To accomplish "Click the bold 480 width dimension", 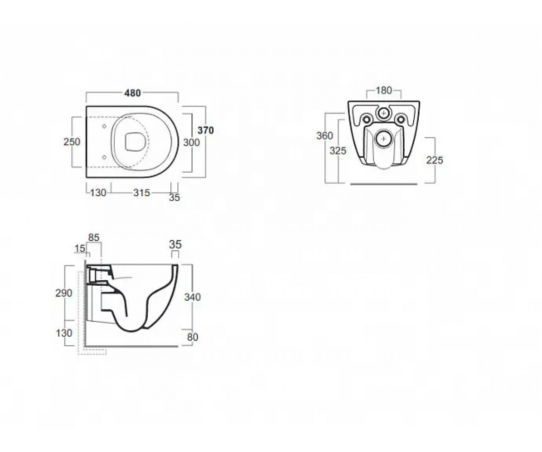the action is [x=132, y=93].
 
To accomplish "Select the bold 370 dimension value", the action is [x=206, y=130].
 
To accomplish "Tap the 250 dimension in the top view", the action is [x=72, y=142].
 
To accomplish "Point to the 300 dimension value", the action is [x=192, y=142].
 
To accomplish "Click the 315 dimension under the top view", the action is [x=142, y=193].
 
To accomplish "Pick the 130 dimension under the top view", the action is [x=98, y=193].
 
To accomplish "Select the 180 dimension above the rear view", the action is [x=383, y=90].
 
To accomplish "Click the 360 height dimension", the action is [x=324, y=136].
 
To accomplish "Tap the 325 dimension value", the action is [x=338, y=151].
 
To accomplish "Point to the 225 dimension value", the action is [x=435, y=160].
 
